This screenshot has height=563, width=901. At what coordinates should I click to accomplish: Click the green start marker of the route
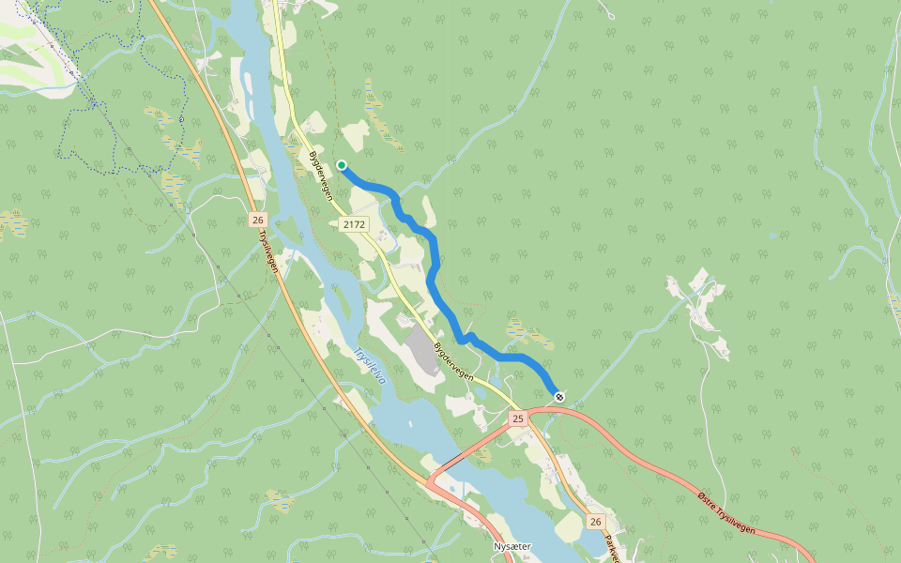tap(342, 165)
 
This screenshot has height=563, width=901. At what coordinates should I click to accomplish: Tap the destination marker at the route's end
tap(559, 397)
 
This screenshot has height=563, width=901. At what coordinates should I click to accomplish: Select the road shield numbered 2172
tap(355, 224)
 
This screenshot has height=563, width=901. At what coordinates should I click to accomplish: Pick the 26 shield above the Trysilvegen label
tap(258, 220)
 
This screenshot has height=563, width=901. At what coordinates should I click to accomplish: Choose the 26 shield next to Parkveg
tap(595, 521)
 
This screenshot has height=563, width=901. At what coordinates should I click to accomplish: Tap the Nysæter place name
tap(512, 546)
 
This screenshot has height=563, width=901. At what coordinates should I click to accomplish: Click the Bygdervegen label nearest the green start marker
tap(321, 175)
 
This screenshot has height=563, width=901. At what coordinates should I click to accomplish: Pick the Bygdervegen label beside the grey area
tap(454, 360)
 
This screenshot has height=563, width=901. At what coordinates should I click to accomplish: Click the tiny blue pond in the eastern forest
tap(771, 236)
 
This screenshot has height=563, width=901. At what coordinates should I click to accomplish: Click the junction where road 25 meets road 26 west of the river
tap(433, 482)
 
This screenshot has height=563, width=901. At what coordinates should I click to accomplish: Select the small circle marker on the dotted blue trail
tap(181, 119)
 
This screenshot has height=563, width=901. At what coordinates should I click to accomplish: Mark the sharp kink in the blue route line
tap(467, 336)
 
